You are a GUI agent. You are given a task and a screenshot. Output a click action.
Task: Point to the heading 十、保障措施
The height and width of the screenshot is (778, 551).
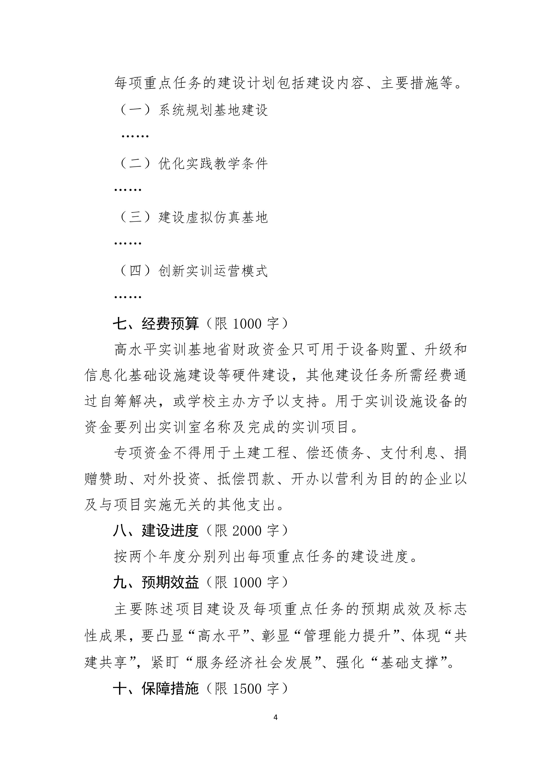coord(156,689)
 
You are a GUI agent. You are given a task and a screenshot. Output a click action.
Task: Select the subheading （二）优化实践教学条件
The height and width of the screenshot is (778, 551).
coord(193,164)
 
